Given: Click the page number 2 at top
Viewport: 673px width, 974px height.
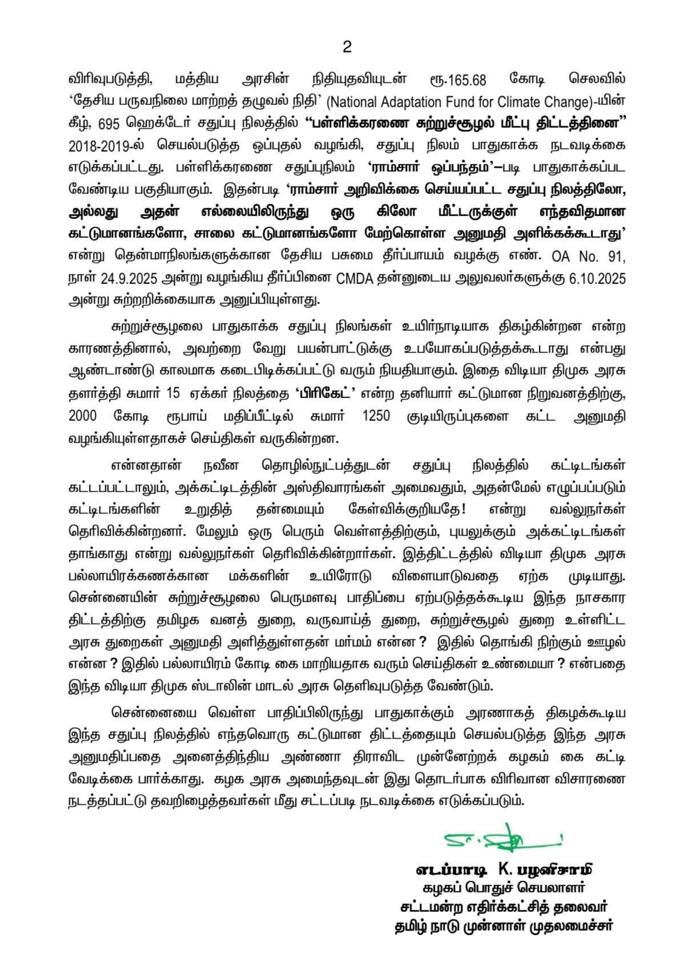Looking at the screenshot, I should (346, 48).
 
